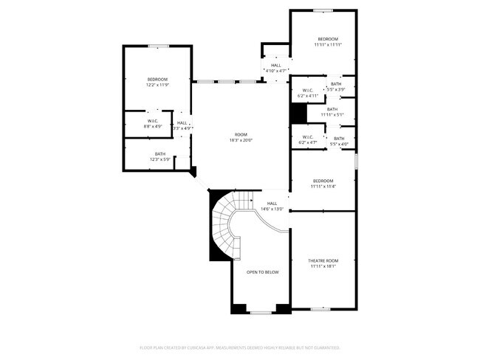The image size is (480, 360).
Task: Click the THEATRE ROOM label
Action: click(x=323, y=260)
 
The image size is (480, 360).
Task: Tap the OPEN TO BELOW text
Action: click(x=262, y=272)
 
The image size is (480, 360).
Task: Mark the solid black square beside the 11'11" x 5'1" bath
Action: click(x=298, y=114)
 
